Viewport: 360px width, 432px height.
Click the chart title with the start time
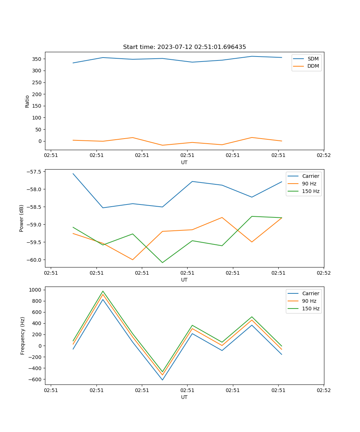point(184,47)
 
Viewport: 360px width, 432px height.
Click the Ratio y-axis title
point(27,101)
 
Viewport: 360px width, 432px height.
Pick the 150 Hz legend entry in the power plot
point(311,191)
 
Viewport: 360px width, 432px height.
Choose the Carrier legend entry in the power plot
point(310,176)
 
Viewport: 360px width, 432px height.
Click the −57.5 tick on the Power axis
point(35,172)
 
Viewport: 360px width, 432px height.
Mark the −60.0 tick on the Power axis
point(35,260)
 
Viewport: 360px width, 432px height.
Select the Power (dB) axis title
point(22,218)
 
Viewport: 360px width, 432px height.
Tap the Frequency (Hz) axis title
point(23,336)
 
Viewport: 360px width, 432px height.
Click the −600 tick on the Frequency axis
point(36,379)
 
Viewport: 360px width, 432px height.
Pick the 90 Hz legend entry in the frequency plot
point(309,301)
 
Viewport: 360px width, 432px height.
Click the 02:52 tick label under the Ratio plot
point(323,156)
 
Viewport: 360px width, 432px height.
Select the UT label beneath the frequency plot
point(184,397)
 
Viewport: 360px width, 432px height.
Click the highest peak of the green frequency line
point(103,291)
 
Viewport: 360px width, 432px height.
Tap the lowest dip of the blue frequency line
point(162,380)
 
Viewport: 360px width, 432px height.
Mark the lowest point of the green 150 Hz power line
point(162,262)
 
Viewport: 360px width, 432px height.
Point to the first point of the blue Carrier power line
point(73,174)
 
